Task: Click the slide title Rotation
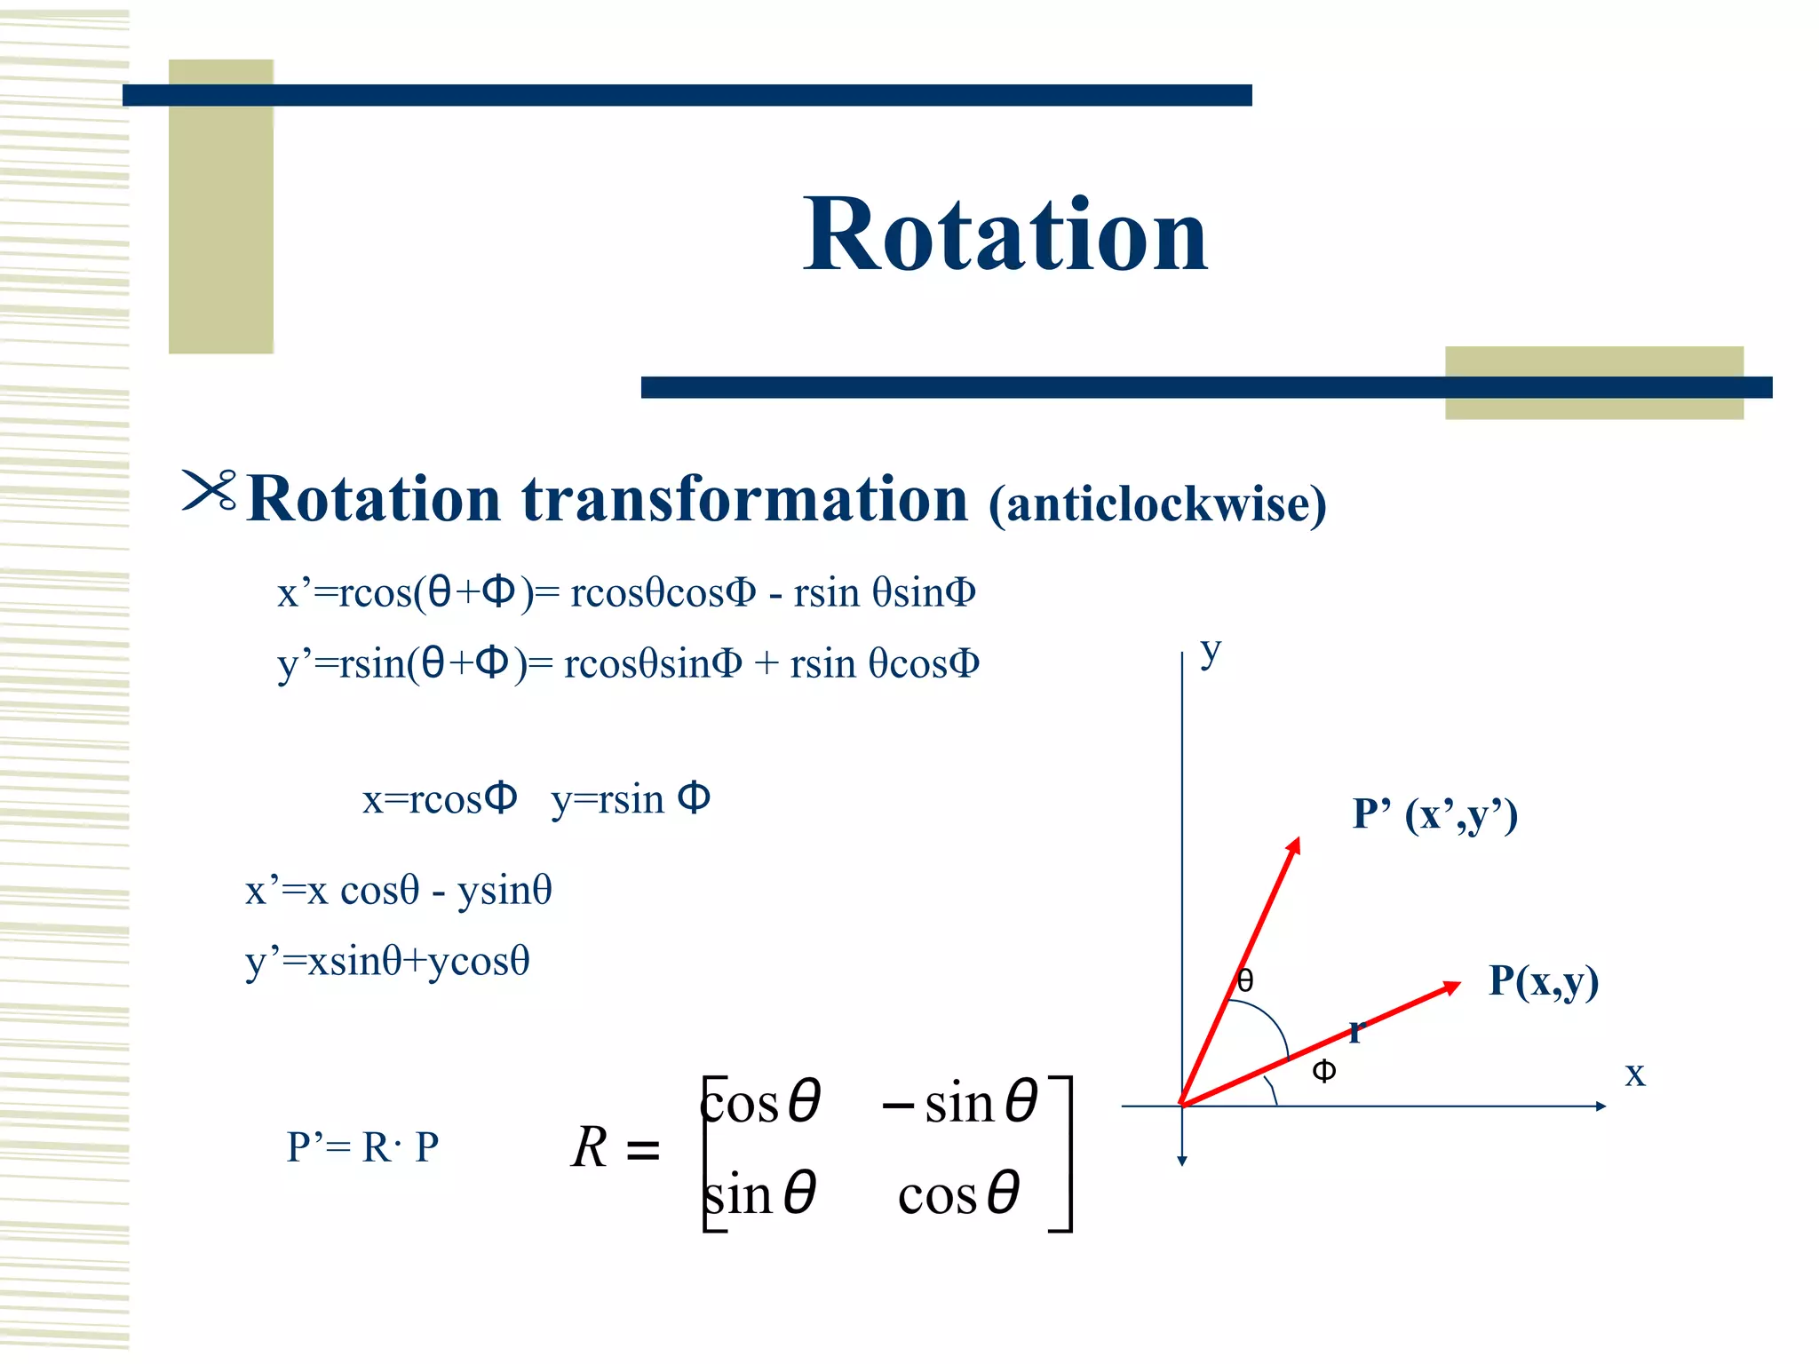pos(1005,234)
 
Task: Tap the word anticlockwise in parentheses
pos(1157,504)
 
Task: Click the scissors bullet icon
pos(210,490)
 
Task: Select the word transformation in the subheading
pos(744,499)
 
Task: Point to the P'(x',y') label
pos(1434,814)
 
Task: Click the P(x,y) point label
pos(1543,981)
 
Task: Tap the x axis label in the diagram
pos(1634,1074)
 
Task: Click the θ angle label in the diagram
pos(1245,980)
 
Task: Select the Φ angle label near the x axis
pos(1323,1072)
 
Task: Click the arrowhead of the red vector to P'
pos(1294,845)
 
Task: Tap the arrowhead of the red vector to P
pos(1451,987)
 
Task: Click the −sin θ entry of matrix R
pos(959,1104)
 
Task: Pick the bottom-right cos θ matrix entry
pos(958,1194)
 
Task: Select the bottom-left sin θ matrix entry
pos(760,1194)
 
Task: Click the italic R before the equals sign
pos(590,1147)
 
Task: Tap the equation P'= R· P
pos(362,1147)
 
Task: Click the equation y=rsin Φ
pos(631,799)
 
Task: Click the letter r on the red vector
pos(1355,1032)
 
